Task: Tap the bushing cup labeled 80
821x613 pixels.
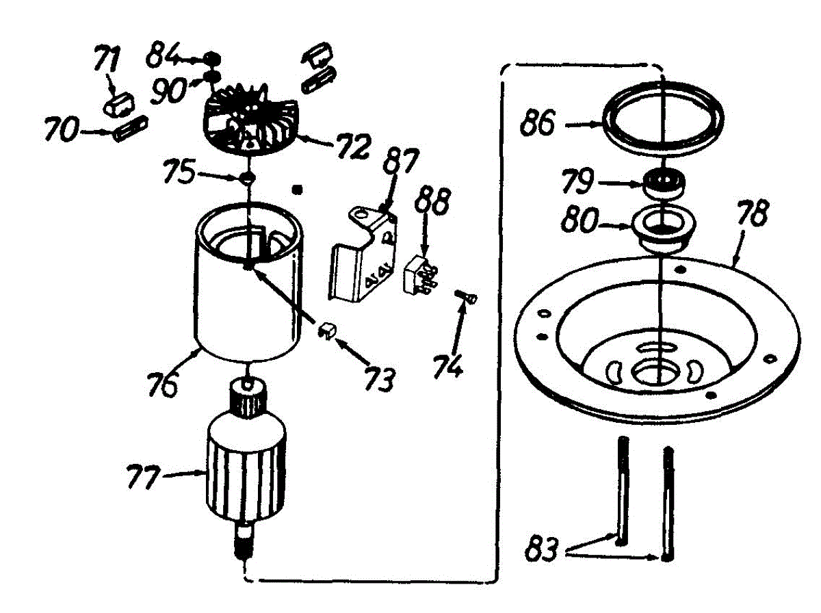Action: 662,229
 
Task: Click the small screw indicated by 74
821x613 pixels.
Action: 468,298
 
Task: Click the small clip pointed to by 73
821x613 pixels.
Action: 326,331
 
